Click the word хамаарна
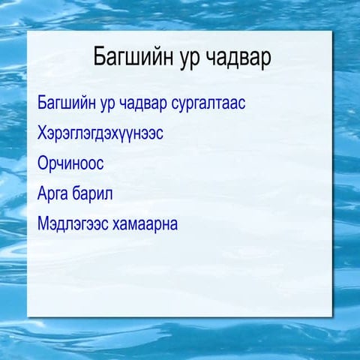coord(145,223)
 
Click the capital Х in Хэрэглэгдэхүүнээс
coord(42,133)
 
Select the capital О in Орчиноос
coord(43,163)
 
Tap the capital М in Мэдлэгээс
coord(43,223)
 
